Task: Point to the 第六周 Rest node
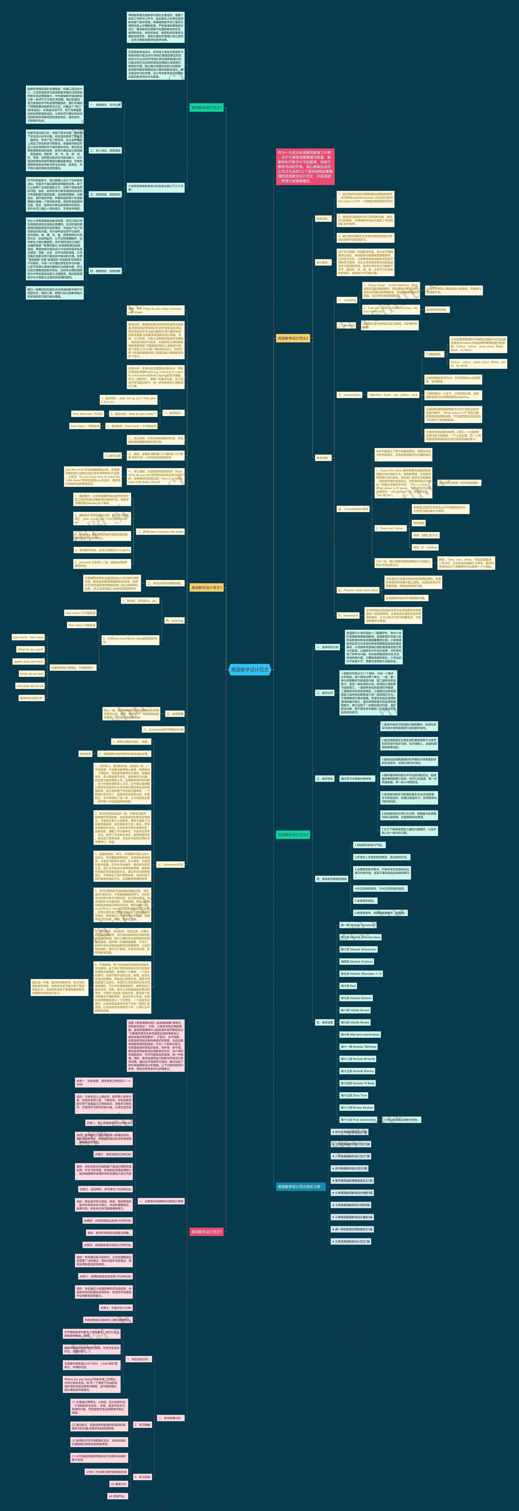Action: coord(348,985)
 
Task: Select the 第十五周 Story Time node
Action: coord(354,1095)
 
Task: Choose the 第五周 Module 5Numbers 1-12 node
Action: coord(361,973)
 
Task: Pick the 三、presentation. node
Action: coord(350,395)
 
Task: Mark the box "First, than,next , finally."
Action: coord(87,414)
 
